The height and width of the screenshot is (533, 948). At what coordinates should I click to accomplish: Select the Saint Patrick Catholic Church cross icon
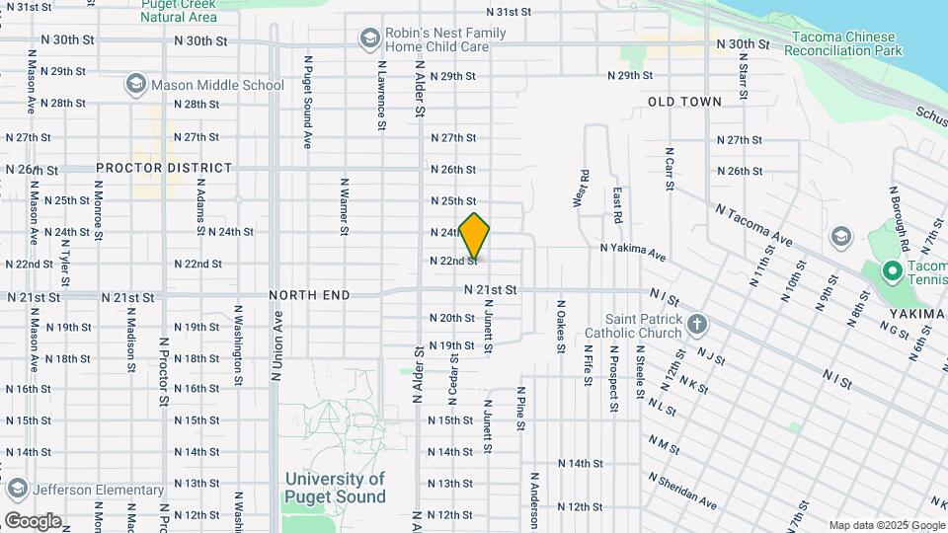click(x=697, y=324)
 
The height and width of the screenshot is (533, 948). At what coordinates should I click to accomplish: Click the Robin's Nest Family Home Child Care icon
click(x=370, y=38)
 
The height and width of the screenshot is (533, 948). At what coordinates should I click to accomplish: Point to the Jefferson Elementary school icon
click(x=17, y=490)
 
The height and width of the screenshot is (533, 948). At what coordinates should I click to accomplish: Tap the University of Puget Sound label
click(x=335, y=488)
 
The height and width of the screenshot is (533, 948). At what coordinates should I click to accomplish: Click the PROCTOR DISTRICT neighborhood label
click(x=164, y=169)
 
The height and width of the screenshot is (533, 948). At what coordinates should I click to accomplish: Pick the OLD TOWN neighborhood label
click(x=684, y=102)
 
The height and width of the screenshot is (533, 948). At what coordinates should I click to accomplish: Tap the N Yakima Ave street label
click(x=633, y=253)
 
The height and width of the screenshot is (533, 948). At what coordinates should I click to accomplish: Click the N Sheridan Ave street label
click(x=683, y=490)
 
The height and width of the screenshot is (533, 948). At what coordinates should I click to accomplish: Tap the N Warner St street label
click(x=345, y=207)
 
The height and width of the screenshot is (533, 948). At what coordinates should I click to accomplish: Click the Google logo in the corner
click(x=33, y=521)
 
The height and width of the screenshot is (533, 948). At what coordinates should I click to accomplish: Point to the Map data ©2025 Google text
click(x=886, y=525)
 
